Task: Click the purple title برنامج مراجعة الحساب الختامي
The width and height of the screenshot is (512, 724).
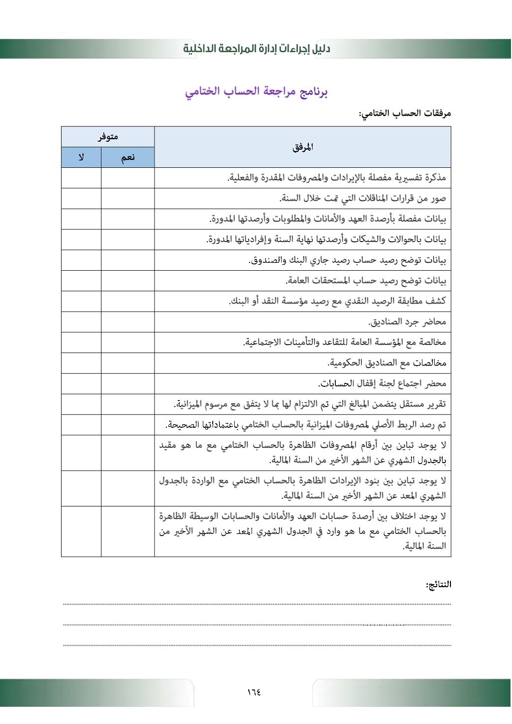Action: (x=256, y=92)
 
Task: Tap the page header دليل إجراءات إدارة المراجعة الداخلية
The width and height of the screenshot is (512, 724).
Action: (x=256, y=49)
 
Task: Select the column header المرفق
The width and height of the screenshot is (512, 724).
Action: (x=302, y=147)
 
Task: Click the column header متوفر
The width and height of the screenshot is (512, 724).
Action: (x=108, y=137)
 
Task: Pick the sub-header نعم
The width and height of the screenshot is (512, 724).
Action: (x=128, y=157)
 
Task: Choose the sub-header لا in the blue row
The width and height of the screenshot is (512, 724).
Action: (x=81, y=157)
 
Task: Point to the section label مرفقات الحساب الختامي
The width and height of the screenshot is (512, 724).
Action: (x=405, y=114)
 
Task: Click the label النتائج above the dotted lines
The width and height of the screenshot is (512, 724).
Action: (x=438, y=585)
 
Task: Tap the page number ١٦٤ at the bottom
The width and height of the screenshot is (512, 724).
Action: (x=254, y=692)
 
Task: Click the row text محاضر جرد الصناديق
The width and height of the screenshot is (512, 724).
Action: (x=407, y=322)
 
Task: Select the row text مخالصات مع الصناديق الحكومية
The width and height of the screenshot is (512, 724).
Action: (x=387, y=363)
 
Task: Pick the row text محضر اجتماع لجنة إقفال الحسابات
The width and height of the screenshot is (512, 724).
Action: (x=382, y=383)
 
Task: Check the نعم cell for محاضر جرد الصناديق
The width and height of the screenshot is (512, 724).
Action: (x=128, y=322)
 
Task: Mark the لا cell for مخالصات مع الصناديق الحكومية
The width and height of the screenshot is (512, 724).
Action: (x=81, y=363)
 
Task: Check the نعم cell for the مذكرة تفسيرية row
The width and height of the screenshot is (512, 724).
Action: (x=128, y=178)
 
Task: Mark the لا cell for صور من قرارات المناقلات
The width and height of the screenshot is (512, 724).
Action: (x=81, y=198)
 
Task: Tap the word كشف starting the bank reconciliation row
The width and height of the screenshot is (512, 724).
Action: (x=436, y=301)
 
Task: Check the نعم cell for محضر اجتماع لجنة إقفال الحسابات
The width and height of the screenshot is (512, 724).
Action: (x=128, y=383)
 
